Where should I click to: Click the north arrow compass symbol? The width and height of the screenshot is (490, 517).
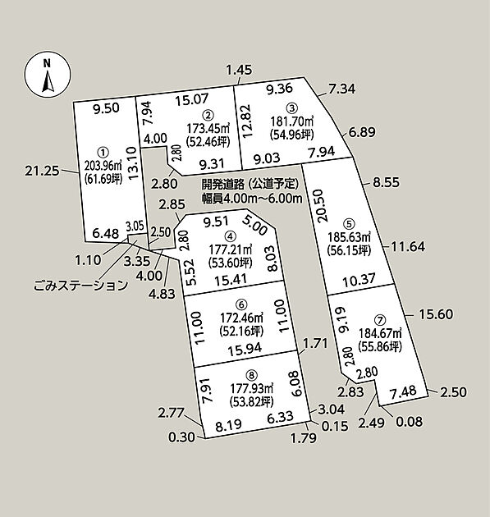tap(47, 75)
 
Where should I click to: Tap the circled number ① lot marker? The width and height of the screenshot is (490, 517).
tap(103, 152)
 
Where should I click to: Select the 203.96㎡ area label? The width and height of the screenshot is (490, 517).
tap(103, 164)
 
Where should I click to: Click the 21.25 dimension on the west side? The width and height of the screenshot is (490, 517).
tap(43, 171)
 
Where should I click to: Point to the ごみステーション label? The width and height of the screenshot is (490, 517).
tap(80, 285)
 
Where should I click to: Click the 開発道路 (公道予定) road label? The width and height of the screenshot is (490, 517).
tap(250, 184)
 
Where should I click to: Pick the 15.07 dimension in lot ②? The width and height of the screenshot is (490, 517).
tap(191, 99)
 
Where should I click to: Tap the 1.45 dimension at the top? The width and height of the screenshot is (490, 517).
tap(240, 70)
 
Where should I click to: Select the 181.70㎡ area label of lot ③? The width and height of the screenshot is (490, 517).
tap(292, 121)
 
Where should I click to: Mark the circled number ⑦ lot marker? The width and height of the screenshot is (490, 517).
tap(380, 320)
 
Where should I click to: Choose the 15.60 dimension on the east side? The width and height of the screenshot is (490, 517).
tap(436, 314)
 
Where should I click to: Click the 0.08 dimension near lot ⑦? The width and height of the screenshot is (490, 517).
tap(410, 421)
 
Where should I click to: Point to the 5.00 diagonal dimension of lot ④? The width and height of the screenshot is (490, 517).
tap(254, 225)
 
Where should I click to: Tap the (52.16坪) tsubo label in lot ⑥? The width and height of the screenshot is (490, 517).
tap(241, 331)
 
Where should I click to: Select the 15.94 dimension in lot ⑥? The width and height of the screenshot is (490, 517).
tap(245, 349)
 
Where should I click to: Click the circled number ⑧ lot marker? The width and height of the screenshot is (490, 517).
tap(252, 375)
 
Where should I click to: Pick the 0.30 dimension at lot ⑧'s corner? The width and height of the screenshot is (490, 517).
tap(181, 437)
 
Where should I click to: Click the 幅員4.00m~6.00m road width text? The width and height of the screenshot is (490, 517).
tap(252, 198)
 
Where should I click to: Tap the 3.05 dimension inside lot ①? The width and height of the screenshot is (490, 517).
tap(135, 226)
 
